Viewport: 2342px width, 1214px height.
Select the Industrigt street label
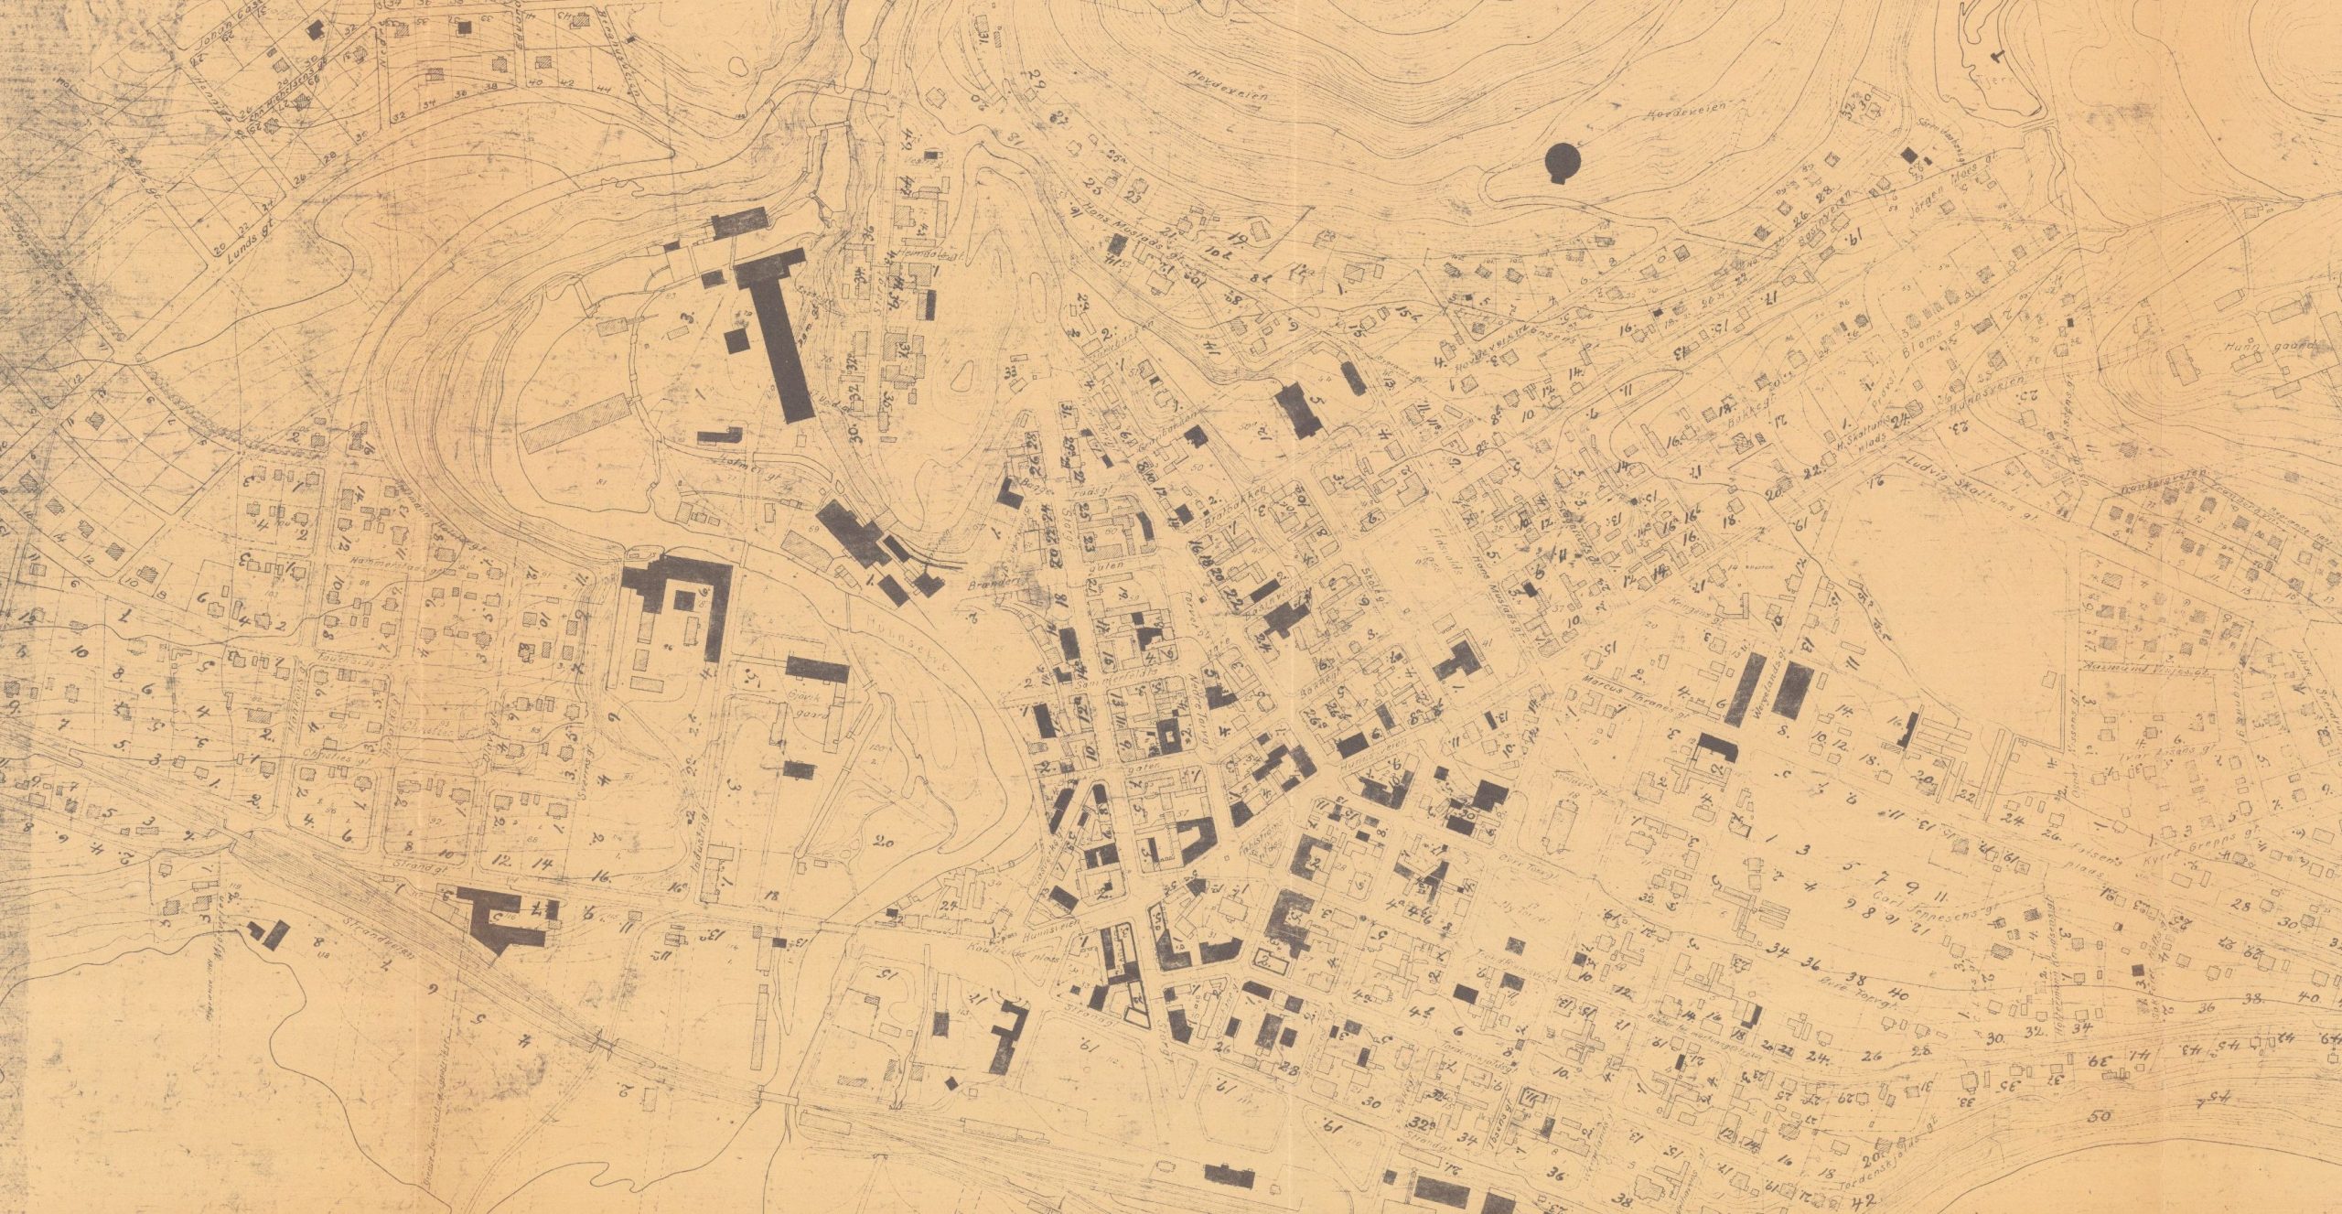click(x=711, y=837)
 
